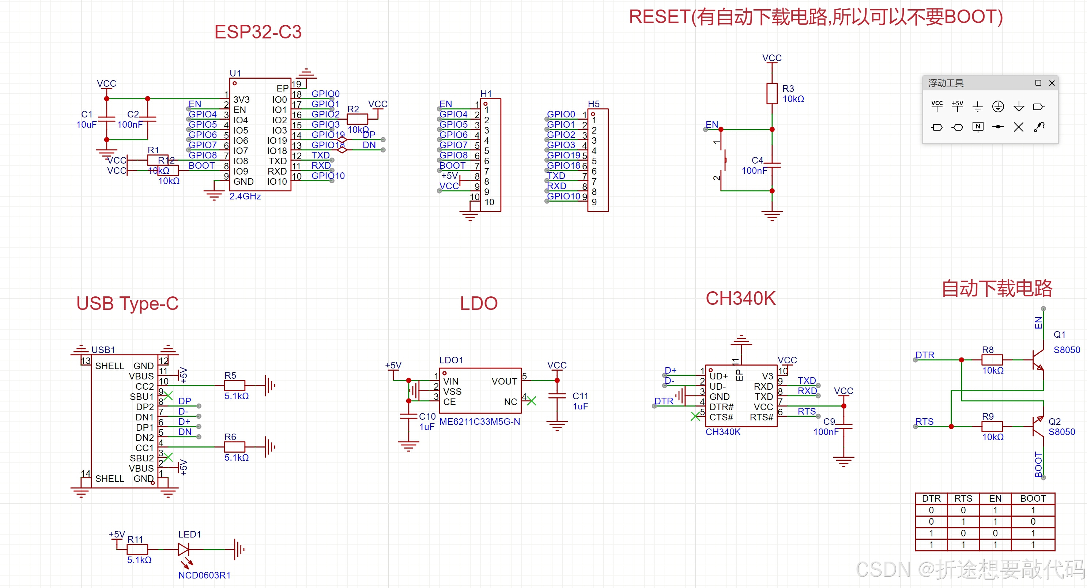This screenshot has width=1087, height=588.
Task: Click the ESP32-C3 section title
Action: tap(258, 32)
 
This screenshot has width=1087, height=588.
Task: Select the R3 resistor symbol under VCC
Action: tap(772, 93)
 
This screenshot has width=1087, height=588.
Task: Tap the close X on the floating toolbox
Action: tap(1052, 83)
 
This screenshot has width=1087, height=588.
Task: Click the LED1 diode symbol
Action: tap(184, 549)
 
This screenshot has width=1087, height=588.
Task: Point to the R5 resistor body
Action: tap(235, 385)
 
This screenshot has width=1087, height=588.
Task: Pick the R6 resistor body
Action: tap(235, 446)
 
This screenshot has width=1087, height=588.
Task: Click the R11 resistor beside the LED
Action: tap(137, 549)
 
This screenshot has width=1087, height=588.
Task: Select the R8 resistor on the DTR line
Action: tap(992, 360)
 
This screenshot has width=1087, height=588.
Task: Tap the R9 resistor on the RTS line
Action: tap(992, 426)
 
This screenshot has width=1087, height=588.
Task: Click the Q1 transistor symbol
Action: tap(1038, 360)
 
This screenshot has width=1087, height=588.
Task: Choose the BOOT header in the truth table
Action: tap(1033, 498)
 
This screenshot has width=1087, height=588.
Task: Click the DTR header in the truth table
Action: tap(931, 498)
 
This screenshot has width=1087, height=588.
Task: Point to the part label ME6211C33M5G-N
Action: tap(479, 422)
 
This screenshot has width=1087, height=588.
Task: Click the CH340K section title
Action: tap(740, 299)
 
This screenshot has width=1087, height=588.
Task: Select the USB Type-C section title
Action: tap(128, 303)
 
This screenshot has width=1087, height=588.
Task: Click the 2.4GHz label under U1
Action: tap(245, 196)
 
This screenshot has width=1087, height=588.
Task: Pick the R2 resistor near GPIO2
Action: tap(357, 119)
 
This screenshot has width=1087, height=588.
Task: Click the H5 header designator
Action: tap(593, 104)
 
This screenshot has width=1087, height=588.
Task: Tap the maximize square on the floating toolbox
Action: tap(1038, 83)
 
